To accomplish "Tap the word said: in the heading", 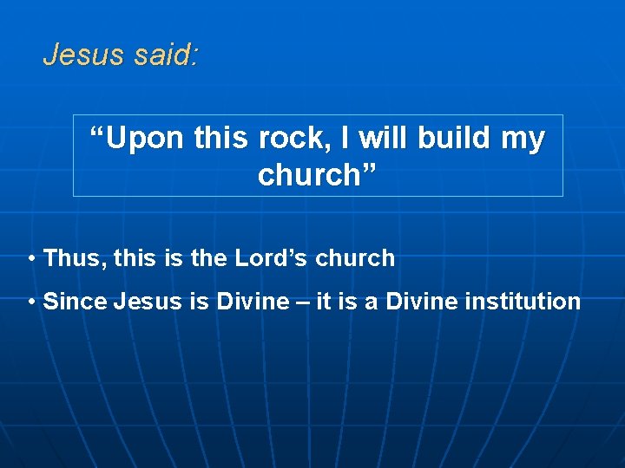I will click(x=167, y=55).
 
